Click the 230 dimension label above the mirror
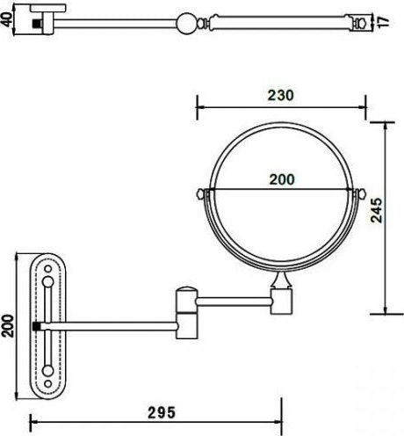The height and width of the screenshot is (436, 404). [x=280, y=95]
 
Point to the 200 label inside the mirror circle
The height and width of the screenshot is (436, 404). [x=281, y=178]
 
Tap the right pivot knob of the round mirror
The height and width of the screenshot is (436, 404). [x=361, y=193]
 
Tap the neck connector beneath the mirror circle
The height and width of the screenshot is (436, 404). [x=281, y=283]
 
